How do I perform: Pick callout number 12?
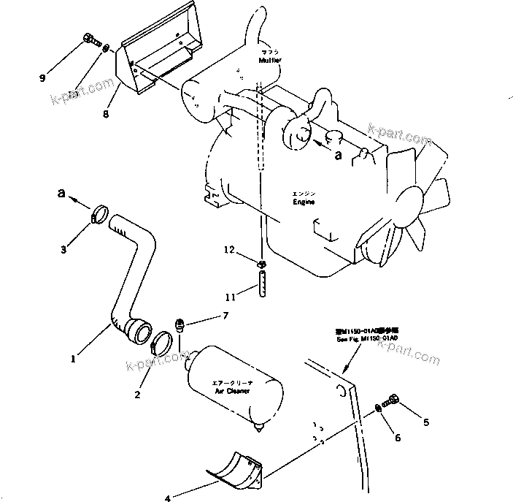(x=229, y=250)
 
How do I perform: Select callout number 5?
(x=426, y=422)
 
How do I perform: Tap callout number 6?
(x=397, y=437)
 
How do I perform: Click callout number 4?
(x=167, y=498)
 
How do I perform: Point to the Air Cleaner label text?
(x=232, y=391)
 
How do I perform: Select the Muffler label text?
(x=269, y=61)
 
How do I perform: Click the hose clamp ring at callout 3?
(x=101, y=216)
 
